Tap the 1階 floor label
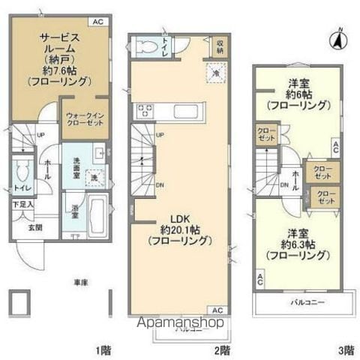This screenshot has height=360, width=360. (x=103, y=350)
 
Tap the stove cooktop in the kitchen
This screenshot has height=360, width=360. (x=145, y=112)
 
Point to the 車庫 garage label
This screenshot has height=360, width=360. (x=81, y=282)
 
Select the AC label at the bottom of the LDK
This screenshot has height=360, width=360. (x=216, y=310)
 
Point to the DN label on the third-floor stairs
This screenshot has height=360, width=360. (x=284, y=184)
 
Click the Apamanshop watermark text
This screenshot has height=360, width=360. (x=178, y=324)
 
